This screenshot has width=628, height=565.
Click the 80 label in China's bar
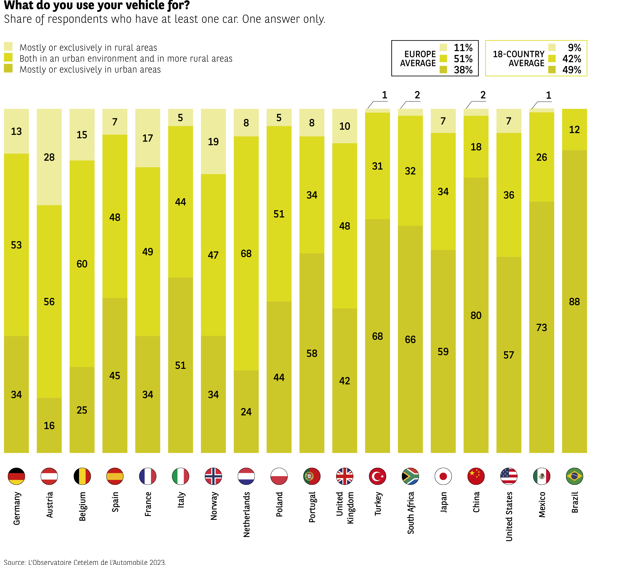[x=476, y=315]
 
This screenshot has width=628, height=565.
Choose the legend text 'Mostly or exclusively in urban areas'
[x=90, y=70]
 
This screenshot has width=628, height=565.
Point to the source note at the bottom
[x=85, y=562]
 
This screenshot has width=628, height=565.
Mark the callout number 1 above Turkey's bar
[x=384, y=95]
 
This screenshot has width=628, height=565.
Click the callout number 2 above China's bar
[x=483, y=95]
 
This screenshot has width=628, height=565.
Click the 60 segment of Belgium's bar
[x=82, y=264]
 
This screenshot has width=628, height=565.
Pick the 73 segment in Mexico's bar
[x=541, y=327]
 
